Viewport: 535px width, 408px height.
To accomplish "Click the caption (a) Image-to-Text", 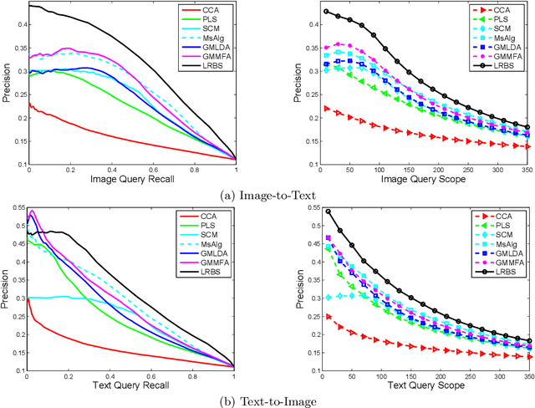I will point(267,196).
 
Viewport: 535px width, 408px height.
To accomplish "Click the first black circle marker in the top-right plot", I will point(326,12).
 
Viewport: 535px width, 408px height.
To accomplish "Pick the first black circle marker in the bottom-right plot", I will point(326,212).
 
